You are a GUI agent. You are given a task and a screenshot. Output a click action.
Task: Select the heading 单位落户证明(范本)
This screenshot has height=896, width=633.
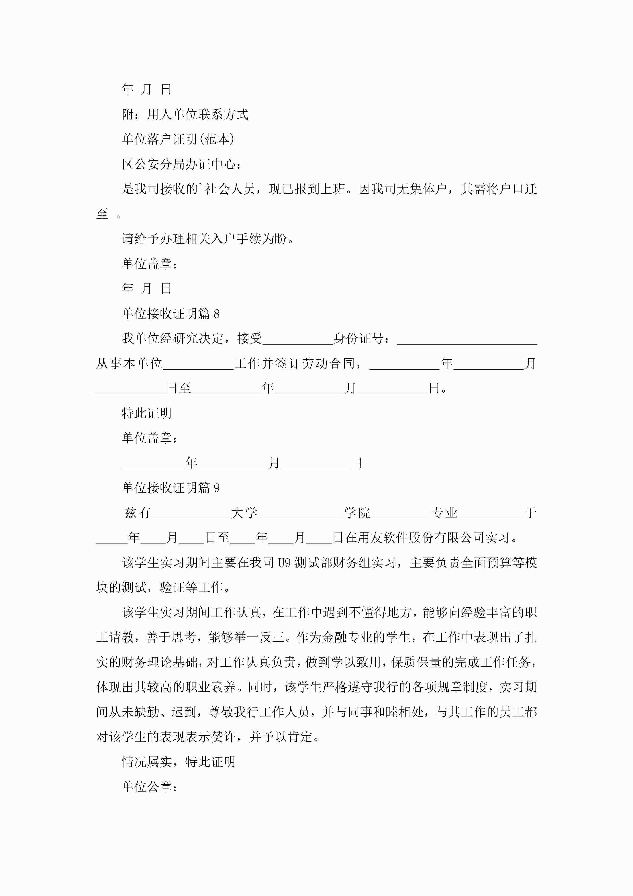(x=178, y=139)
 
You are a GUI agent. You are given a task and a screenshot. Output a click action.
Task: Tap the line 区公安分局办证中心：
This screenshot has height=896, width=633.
(x=181, y=164)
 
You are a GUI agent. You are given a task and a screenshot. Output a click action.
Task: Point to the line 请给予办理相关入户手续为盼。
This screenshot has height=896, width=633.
(x=208, y=239)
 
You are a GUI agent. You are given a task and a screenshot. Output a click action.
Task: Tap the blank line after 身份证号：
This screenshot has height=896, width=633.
(x=467, y=339)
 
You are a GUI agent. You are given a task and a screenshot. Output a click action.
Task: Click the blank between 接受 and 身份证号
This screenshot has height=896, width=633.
(x=298, y=339)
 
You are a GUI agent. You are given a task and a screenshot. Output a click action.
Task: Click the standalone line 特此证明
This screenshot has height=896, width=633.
(x=147, y=413)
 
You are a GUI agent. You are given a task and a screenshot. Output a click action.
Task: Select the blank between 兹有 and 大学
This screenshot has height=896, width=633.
(x=191, y=513)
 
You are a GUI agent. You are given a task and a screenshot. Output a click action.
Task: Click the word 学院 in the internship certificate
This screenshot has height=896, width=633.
(x=357, y=513)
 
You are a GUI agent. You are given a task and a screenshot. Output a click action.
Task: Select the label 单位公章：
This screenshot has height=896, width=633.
(x=150, y=787)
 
